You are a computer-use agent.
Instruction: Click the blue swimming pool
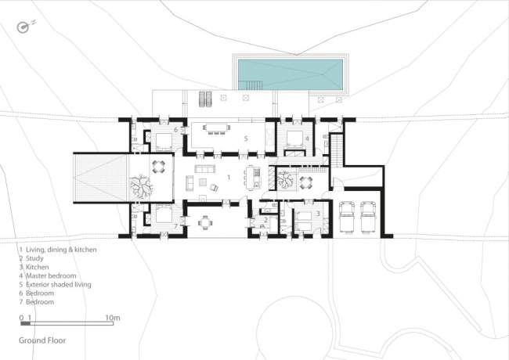click(x=291, y=74)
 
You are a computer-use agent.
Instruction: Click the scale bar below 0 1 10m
click(x=67, y=323)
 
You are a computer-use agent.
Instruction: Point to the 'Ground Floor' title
click(x=42, y=340)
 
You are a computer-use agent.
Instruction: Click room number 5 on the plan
click(x=246, y=139)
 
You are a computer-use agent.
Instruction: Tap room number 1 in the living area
click(x=229, y=178)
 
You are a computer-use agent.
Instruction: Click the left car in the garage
click(x=347, y=217)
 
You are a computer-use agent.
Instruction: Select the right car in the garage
click(x=369, y=217)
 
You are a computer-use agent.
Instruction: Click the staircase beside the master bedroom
click(x=337, y=150)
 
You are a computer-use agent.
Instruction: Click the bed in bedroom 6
click(x=164, y=140)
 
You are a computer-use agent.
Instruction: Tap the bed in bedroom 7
click(x=164, y=214)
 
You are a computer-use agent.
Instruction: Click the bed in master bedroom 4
click(x=294, y=139)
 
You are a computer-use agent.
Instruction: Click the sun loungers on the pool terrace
click(x=205, y=99)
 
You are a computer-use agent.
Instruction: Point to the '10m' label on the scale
click(x=113, y=318)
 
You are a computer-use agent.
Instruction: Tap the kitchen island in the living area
click(x=253, y=177)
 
